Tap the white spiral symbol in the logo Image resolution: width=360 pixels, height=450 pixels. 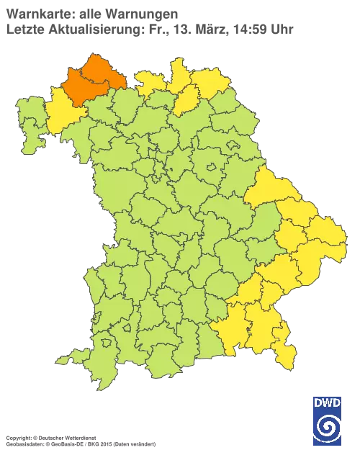(x=328, y=428)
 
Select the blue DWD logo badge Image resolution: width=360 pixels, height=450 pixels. (x=328, y=418)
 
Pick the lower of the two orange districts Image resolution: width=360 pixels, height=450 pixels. (x=81, y=89)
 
